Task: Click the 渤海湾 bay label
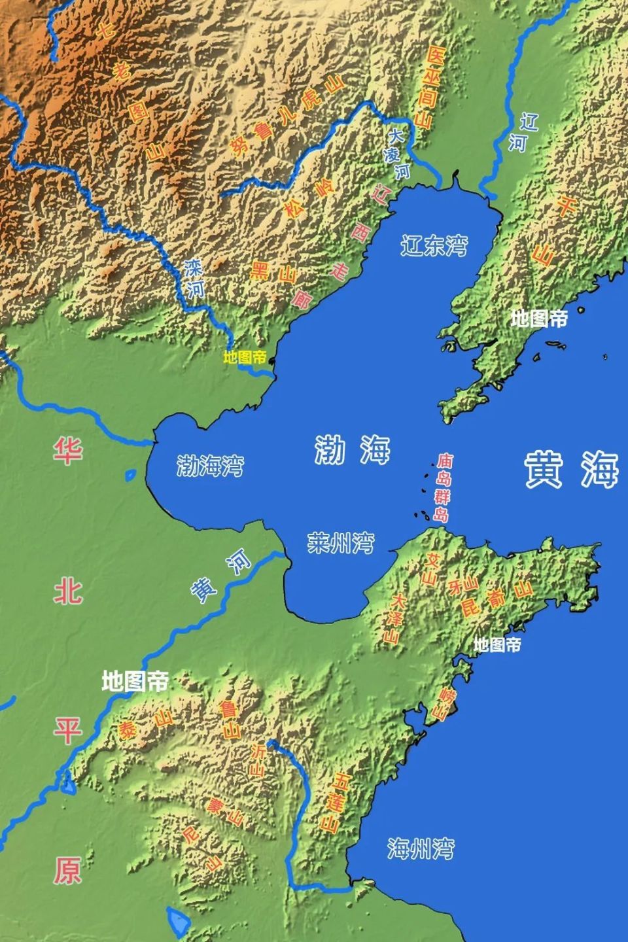coord(210,466)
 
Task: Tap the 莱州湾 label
coord(341,542)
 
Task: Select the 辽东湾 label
coord(434,245)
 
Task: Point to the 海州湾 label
coord(421,848)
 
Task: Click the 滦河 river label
coord(194,279)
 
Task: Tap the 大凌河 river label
coord(398,154)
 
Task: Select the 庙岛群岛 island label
coord(444,487)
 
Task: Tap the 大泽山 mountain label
coord(394,618)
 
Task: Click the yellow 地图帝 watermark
coord(245,357)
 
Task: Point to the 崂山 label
coord(444,704)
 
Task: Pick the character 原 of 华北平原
coord(67,870)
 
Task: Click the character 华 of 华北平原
coord(67,451)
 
